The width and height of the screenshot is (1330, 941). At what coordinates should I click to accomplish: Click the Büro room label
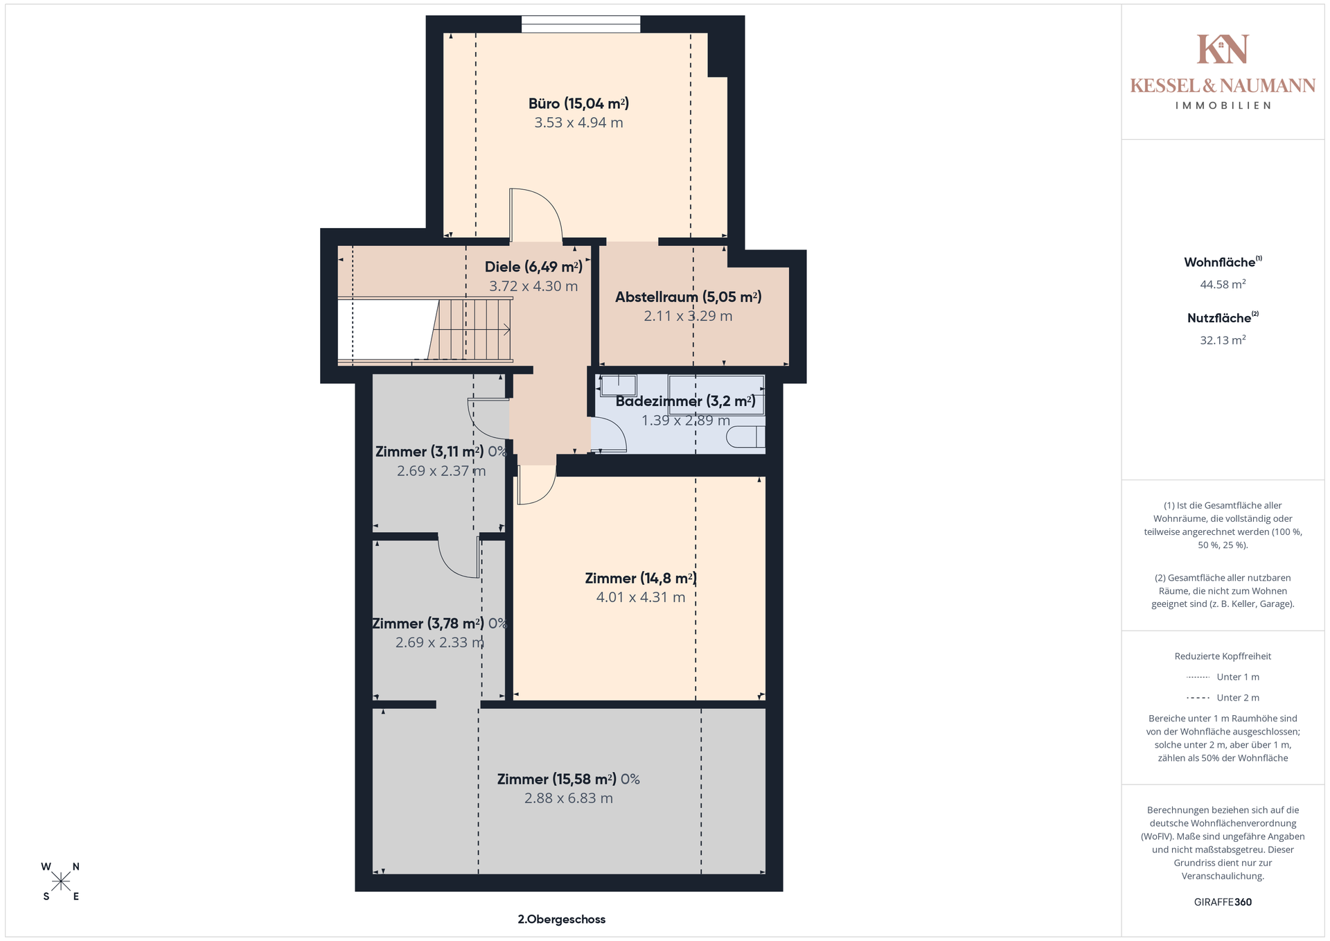click(x=578, y=104)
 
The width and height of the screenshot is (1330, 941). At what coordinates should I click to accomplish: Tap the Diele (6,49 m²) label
click(x=533, y=267)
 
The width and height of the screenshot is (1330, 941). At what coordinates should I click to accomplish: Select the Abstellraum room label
click(x=689, y=297)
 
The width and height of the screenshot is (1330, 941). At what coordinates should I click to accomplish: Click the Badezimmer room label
click(x=685, y=401)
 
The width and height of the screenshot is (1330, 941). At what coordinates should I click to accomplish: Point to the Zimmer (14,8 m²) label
click(x=641, y=579)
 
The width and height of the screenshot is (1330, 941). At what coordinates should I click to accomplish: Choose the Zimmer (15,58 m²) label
click(x=568, y=780)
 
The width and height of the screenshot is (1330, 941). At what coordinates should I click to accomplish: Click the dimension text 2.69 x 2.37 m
click(x=441, y=471)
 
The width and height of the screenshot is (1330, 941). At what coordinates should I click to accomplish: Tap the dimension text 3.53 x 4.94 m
click(x=578, y=123)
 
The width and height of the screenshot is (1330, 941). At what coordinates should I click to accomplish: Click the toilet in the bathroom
click(x=746, y=437)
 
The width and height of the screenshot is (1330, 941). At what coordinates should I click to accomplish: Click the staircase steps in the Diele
click(x=470, y=329)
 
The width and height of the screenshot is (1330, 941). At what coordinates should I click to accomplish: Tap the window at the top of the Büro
click(x=580, y=24)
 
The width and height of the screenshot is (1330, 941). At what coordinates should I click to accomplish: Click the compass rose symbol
click(x=61, y=881)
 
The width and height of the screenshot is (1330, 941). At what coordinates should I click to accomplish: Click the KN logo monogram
click(x=1223, y=49)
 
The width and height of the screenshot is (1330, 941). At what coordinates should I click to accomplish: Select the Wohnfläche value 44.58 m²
click(x=1223, y=284)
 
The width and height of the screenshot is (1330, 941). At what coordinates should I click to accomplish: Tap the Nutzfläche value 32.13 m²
click(x=1223, y=340)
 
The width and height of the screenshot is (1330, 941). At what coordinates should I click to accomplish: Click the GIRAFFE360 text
click(x=1223, y=902)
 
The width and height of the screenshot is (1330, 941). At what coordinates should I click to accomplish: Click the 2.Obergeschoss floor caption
click(x=562, y=920)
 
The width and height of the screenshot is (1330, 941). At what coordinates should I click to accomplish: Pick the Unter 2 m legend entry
click(x=1223, y=698)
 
